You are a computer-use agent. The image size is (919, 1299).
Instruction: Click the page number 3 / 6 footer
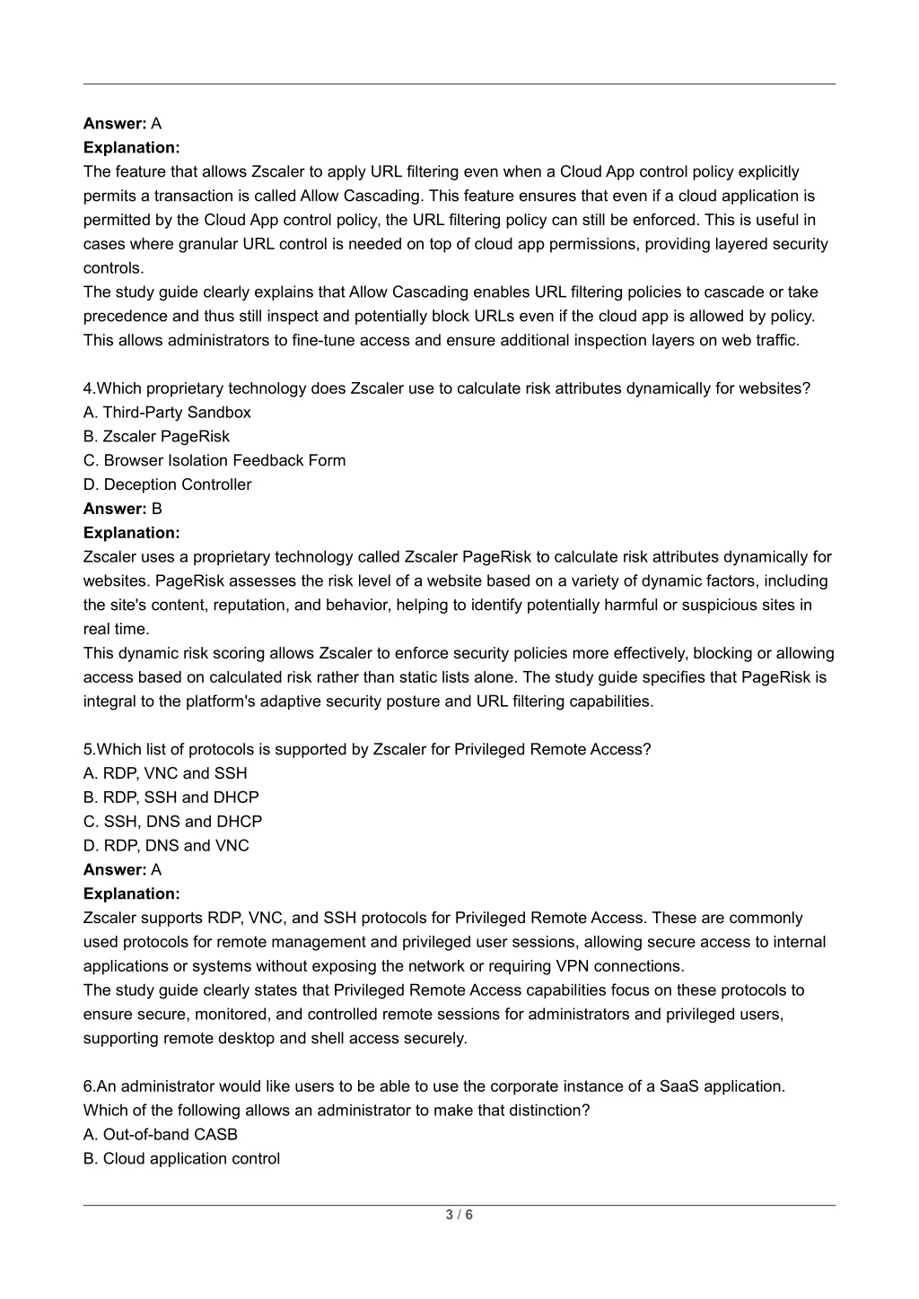pyautogui.click(x=459, y=1216)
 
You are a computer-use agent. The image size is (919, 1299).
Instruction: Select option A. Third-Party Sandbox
pyautogui.click(x=167, y=413)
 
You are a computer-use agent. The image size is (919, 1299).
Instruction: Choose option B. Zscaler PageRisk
pyautogui.click(x=156, y=437)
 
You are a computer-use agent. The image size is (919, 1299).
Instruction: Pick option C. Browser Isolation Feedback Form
pyautogui.click(x=214, y=461)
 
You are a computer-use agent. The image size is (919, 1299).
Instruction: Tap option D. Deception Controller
pyautogui.click(x=167, y=485)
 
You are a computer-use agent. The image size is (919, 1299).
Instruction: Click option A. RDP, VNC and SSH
pyautogui.click(x=165, y=773)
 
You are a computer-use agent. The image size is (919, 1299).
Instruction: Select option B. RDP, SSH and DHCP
pyautogui.click(x=171, y=798)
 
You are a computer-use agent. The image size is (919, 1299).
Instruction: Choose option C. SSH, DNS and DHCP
pyautogui.click(x=172, y=822)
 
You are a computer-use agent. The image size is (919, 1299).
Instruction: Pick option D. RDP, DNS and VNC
pyautogui.click(x=166, y=846)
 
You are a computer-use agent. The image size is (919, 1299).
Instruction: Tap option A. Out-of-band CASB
pyautogui.click(x=161, y=1135)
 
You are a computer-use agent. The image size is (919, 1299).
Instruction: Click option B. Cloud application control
pyautogui.click(x=181, y=1159)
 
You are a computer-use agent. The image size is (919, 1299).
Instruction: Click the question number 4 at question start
pyautogui.click(x=88, y=388)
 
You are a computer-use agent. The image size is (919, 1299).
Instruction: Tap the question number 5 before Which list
pyautogui.click(x=88, y=749)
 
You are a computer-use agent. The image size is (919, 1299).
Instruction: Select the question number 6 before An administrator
pyautogui.click(x=88, y=1086)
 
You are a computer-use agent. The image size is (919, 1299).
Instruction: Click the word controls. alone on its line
pyautogui.click(x=113, y=268)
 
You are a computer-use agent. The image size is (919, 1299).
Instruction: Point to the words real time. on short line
pyautogui.click(x=116, y=629)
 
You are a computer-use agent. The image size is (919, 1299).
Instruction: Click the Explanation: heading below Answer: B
pyautogui.click(x=131, y=533)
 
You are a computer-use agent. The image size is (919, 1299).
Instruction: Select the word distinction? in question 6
pyautogui.click(x=549, y=1111)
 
